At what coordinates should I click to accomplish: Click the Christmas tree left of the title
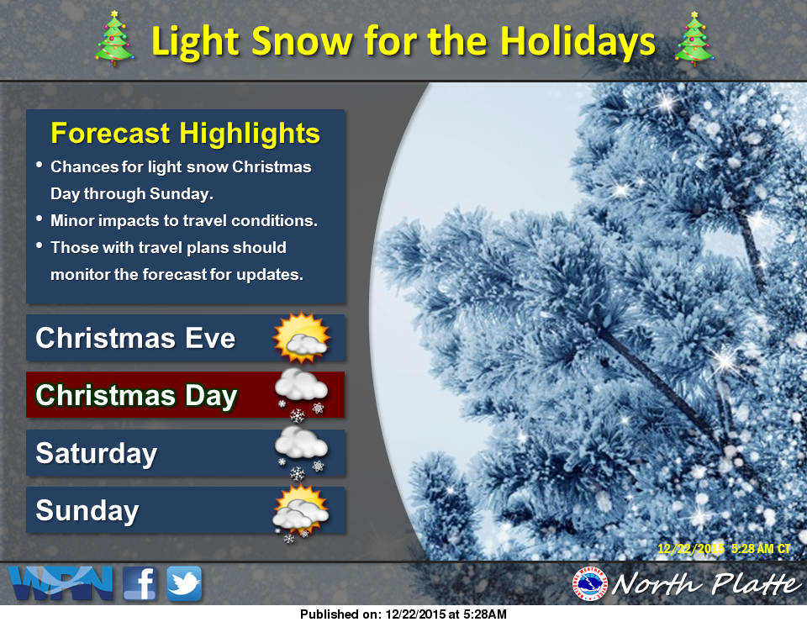(114, 39)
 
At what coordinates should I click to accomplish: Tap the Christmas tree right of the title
(694, 40)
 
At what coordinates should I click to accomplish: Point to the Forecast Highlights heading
(185, 133)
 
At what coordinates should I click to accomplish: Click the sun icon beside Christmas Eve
(301, 337)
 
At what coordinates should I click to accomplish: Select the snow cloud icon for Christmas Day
(301, 394)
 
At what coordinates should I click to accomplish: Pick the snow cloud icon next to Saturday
(301, 452)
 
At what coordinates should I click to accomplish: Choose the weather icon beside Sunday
(301, 513)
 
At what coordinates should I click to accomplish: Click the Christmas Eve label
(135, 338)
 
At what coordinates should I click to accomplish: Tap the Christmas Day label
(136, 396)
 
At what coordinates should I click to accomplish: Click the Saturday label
(96, 453)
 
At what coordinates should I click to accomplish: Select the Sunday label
(87, 510)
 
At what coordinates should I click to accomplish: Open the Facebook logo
(140, 583)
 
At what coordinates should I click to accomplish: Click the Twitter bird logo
(184, 583)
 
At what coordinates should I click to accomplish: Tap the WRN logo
(61, 582)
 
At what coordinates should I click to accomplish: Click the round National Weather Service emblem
(590, 584)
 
